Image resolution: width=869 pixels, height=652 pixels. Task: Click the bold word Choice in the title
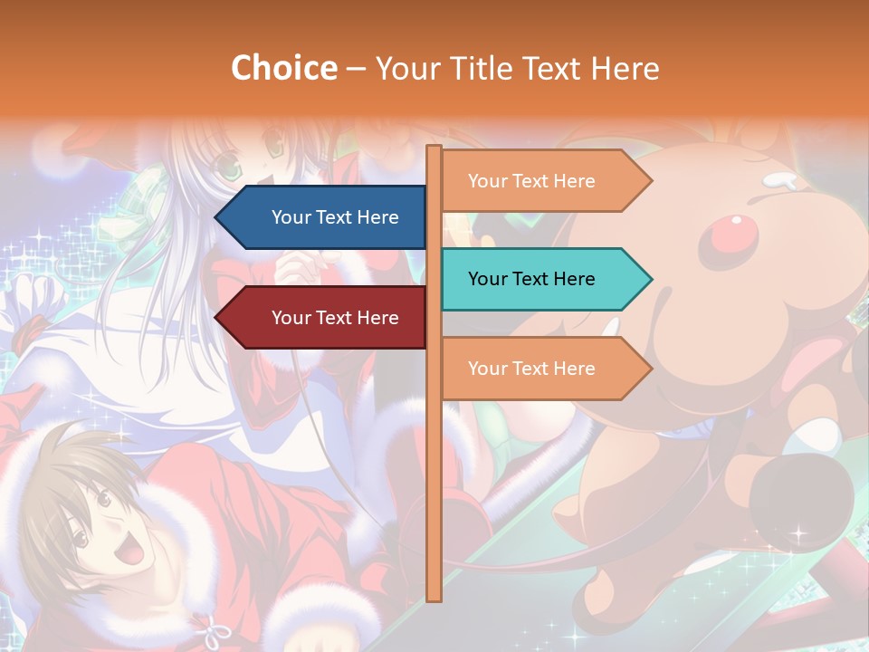[283, 68]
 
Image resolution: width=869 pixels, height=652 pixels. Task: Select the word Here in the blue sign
[377, 217]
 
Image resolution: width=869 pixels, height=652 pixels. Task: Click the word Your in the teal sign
[487, 279]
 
